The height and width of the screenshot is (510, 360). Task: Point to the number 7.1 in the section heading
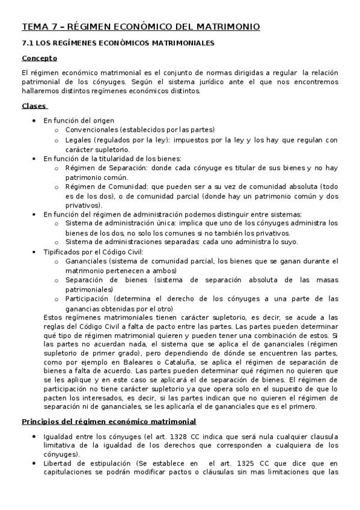28,43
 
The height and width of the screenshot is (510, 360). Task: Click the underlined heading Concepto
40,58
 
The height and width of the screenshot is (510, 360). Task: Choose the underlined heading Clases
34,106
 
